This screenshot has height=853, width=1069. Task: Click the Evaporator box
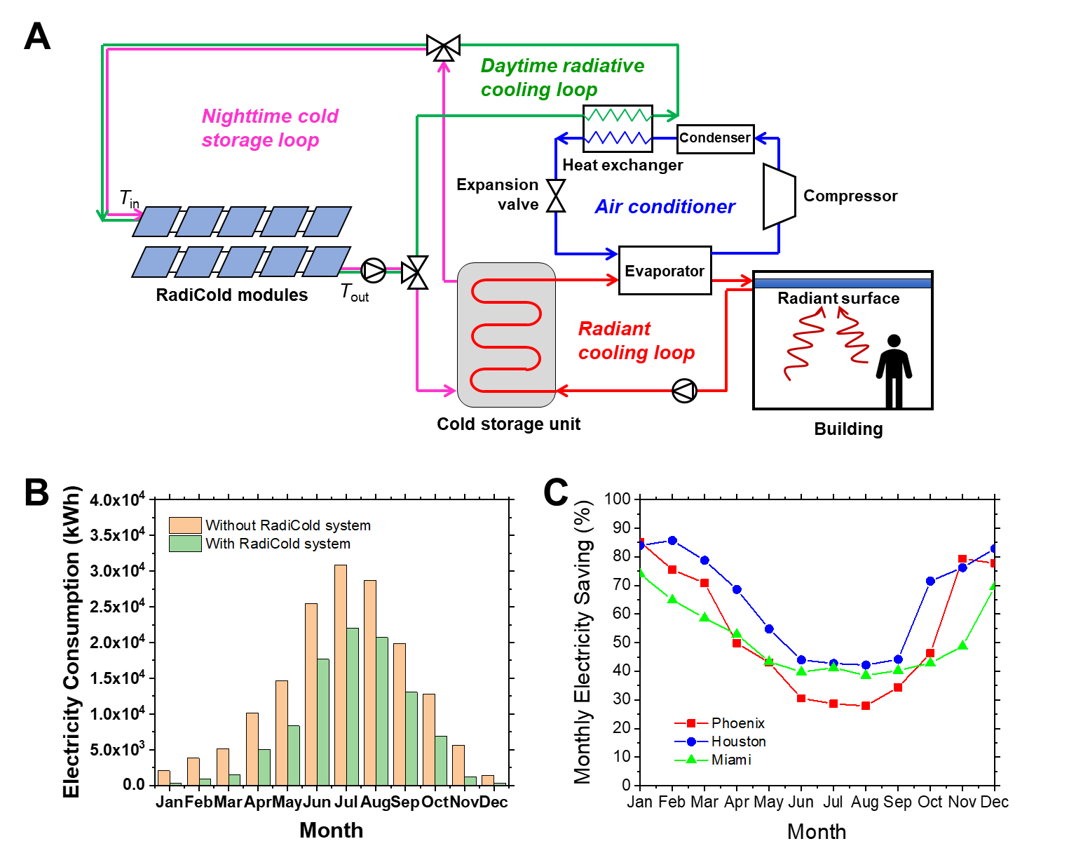[665, 271]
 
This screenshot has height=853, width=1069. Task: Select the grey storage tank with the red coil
[506, 335]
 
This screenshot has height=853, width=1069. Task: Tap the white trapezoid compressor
[779, 196]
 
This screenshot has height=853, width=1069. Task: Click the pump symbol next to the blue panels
[374, 270]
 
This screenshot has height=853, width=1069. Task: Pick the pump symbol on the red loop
[683, 391]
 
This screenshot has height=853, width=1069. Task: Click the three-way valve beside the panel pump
[416, 272]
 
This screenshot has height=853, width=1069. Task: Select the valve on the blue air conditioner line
[556, 196]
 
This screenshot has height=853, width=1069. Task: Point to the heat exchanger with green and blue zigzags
[618, 128]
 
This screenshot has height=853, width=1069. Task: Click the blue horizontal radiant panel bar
[842, 283]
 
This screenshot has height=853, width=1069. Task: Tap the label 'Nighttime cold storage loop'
[270, 128]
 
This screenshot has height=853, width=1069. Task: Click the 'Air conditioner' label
[665, 206]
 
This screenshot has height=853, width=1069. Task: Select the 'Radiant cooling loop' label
[636, 340]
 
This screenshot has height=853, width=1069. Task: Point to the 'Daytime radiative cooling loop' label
[562, 77]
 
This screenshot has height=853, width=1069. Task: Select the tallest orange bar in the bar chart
[341, 675]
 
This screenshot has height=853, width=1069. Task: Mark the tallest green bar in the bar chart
[353, 706]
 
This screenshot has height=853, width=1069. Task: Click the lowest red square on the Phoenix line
[866, 706]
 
